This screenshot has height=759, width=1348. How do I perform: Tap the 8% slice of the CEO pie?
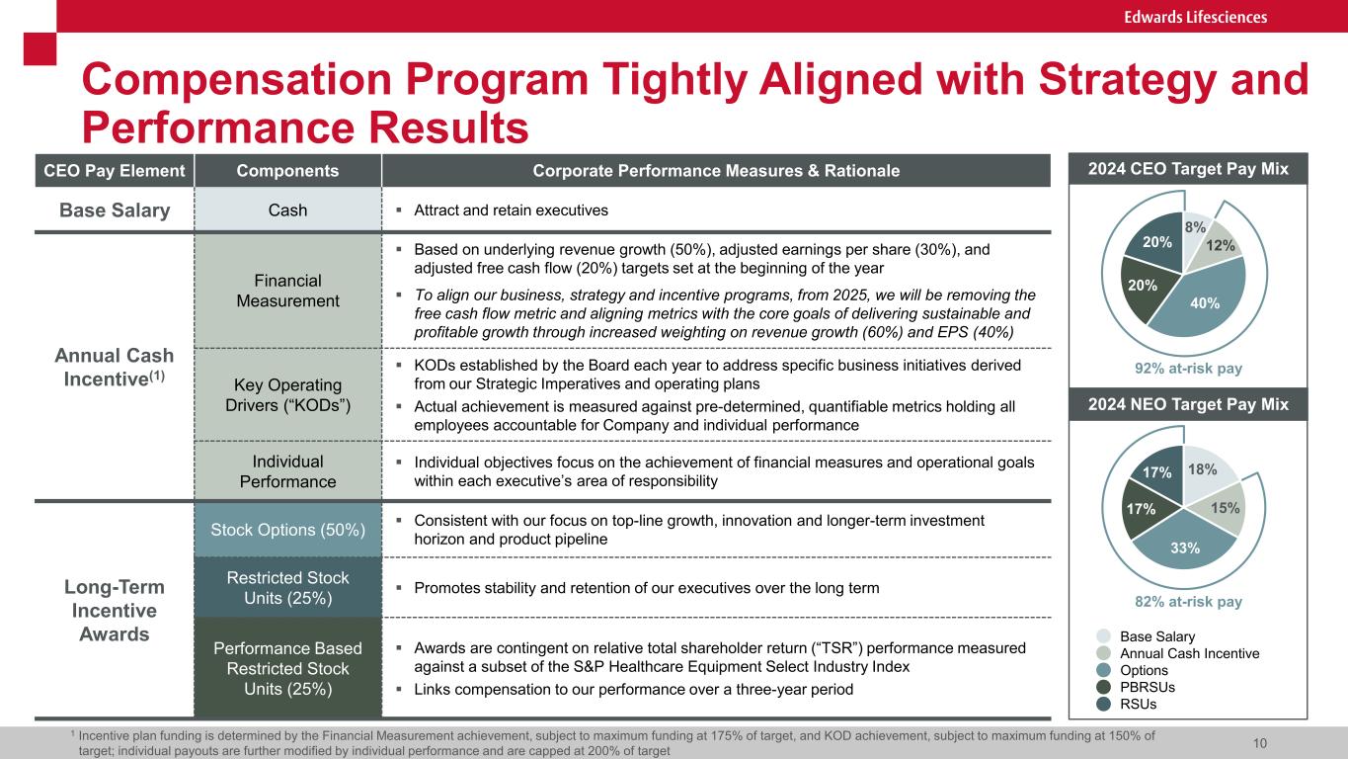click(x=1195, y=227)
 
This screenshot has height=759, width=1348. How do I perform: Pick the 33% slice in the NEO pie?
click(x=1185, y=545)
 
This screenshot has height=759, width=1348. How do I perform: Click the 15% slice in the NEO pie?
click(x=1223, y=506)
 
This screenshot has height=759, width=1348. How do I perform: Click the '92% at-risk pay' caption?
click(x=1183, y=368)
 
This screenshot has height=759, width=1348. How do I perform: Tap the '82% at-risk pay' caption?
click(x=1183, y=601)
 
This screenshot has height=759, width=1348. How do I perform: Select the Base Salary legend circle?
click(x=1103, y=636)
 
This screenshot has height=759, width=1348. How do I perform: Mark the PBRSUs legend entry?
click(x=1146, y=687)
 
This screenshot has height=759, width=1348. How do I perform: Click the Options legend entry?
click(x=1144, y=670)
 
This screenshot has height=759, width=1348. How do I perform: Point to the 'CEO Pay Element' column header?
click(x=115, y=171)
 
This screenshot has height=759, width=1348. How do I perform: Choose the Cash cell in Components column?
click(x=288, y=210)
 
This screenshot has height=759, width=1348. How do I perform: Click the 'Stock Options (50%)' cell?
click(x=288, y=529)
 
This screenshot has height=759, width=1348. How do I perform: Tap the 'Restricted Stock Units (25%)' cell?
click(x=288, y=587)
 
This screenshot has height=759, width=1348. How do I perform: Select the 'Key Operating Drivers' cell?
click(x=288, y=394)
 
